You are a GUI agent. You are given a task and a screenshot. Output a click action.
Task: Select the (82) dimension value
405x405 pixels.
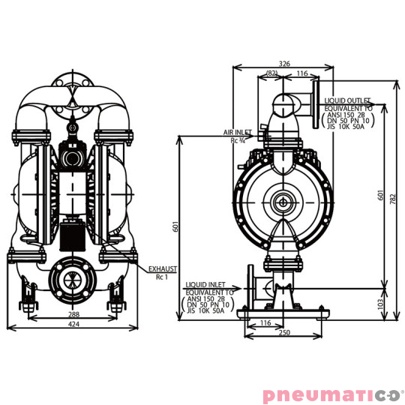273,73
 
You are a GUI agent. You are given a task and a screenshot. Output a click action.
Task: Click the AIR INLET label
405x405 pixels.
236,132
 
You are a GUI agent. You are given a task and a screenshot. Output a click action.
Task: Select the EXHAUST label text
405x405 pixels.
162,268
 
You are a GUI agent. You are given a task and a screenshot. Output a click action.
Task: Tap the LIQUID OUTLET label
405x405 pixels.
348,100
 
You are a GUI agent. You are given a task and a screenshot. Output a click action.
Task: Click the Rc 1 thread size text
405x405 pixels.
161,277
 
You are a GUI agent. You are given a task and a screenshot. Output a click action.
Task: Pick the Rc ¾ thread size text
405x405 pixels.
238,140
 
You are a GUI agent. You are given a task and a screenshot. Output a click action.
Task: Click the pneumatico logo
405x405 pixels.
331,394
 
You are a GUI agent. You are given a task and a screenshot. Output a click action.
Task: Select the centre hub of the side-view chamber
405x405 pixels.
283,202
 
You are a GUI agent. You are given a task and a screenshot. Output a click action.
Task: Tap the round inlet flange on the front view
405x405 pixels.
73,277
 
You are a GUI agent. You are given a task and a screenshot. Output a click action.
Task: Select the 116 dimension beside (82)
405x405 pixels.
301,73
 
